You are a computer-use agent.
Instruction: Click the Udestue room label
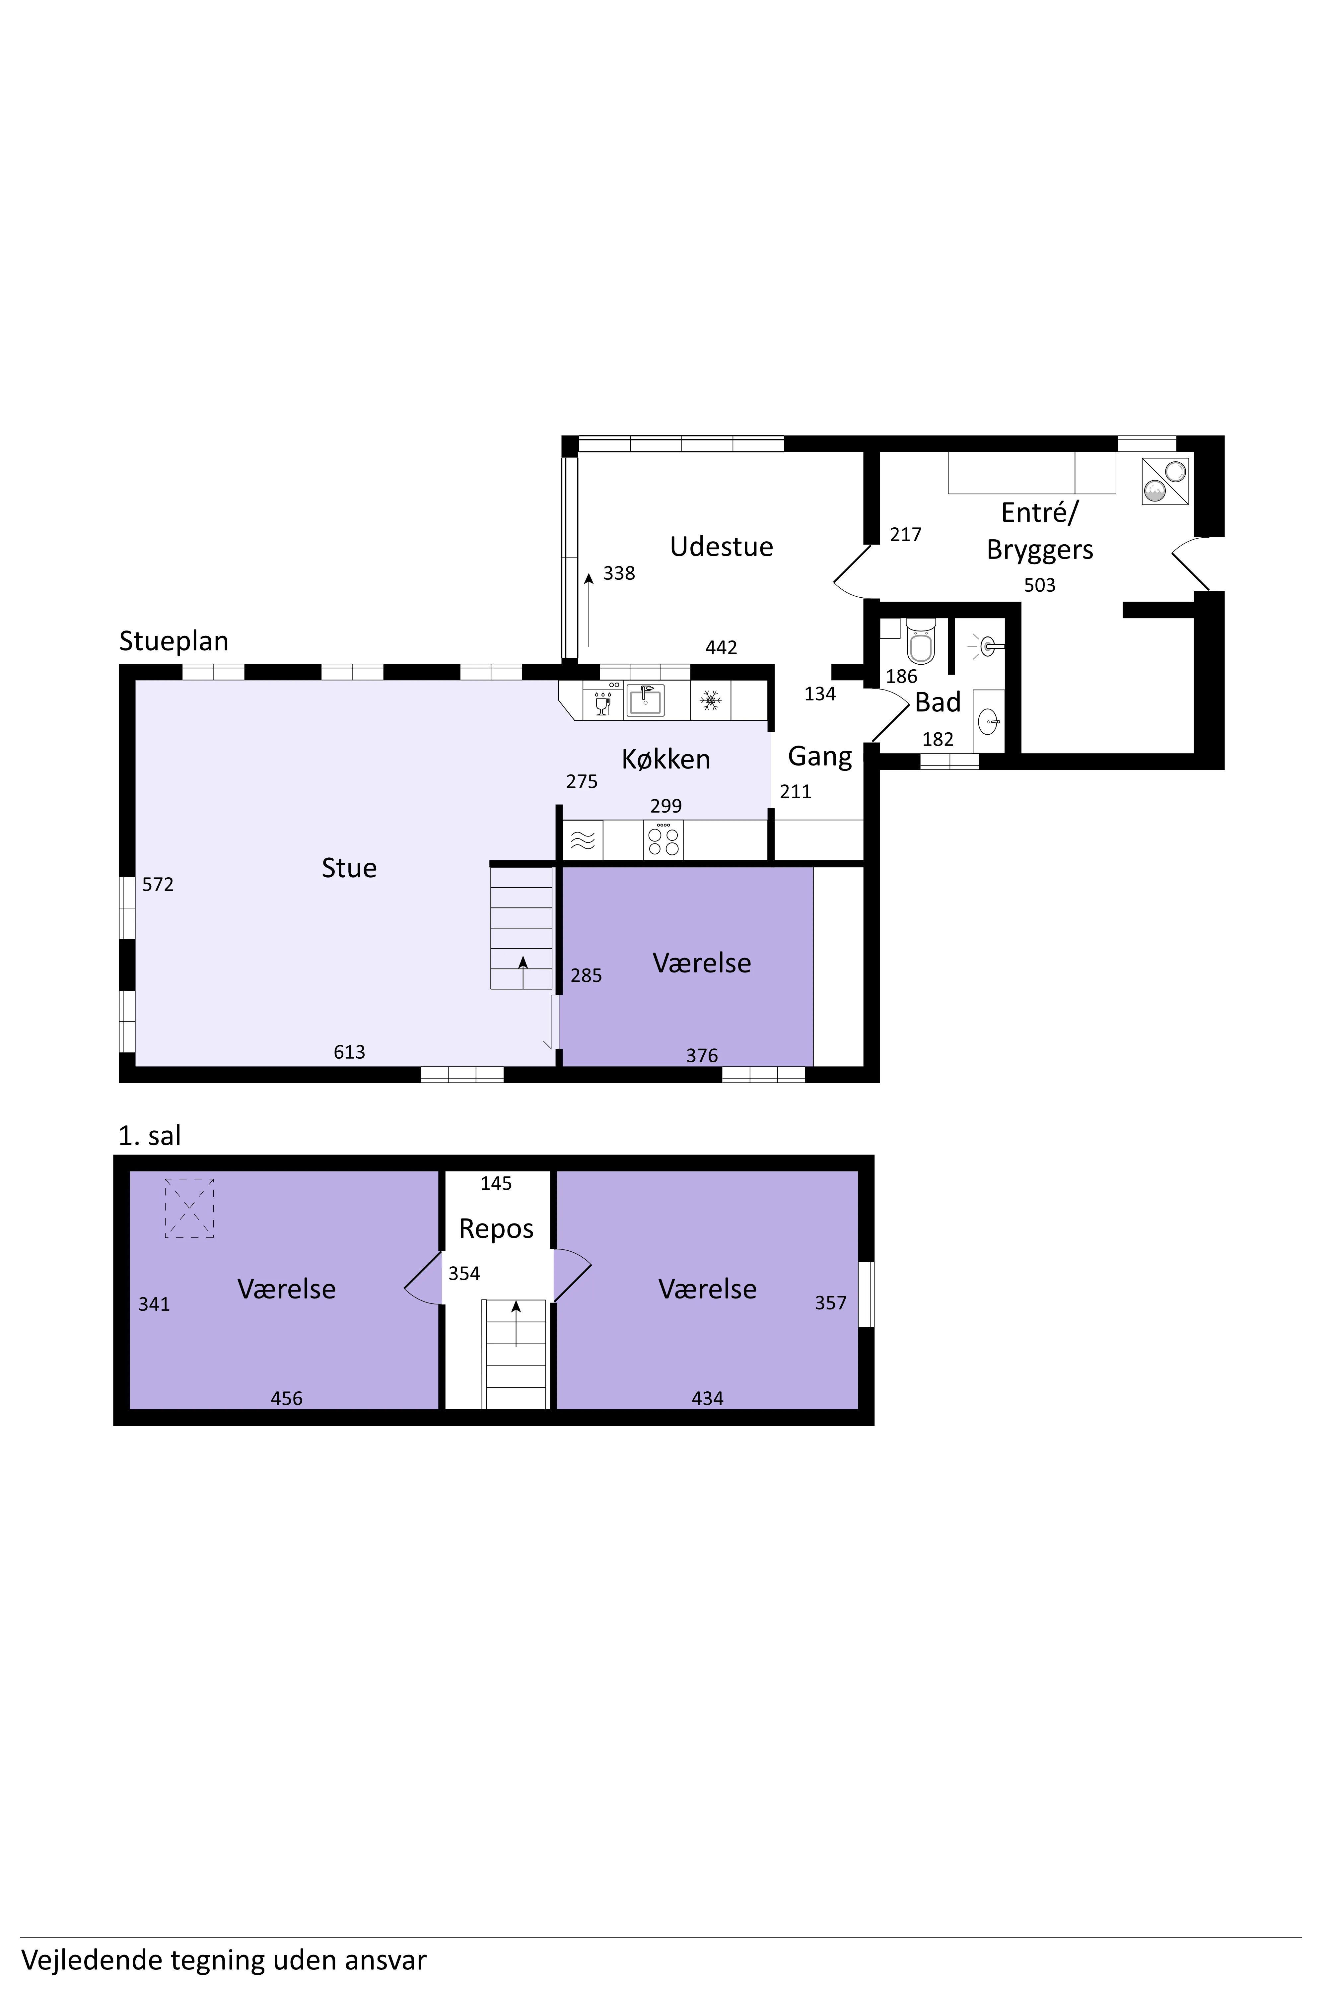click(721, 547)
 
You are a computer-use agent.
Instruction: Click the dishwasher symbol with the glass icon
click(602, 700)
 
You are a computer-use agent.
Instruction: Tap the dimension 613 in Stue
click(350, 1052)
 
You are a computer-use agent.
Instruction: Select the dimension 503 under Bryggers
click(1040, 585)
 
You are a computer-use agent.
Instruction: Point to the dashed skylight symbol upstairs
click(189, 1208)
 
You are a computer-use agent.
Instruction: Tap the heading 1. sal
click(150, 1135)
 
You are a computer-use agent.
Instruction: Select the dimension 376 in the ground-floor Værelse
click(702, 1055)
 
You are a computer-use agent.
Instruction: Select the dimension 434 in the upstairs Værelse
click(708, 1399)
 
